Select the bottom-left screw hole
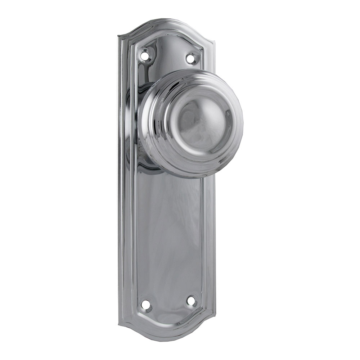coord(147,305)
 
